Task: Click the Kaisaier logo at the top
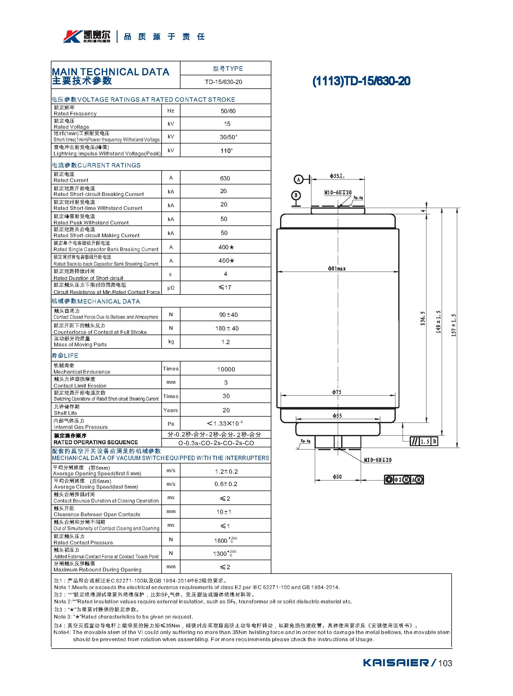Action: point(87,37)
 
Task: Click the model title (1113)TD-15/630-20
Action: point(361,81)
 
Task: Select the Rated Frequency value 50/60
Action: point(228,111)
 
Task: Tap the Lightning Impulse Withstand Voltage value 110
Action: point(226,151)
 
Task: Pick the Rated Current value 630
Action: point(225,179)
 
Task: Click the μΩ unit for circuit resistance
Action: point(171,288)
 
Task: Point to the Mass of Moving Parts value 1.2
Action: point(225,342)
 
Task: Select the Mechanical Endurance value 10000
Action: point(226,370)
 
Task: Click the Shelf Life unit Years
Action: point(171,410)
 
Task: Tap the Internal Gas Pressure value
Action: point(225,424)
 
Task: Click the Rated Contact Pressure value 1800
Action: point(225,540)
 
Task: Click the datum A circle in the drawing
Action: point(298,180)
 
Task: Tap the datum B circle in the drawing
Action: point(296,195)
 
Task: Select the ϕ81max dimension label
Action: point(337,268)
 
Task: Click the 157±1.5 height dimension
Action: point(454,325)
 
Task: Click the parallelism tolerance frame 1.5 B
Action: point(424,441)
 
